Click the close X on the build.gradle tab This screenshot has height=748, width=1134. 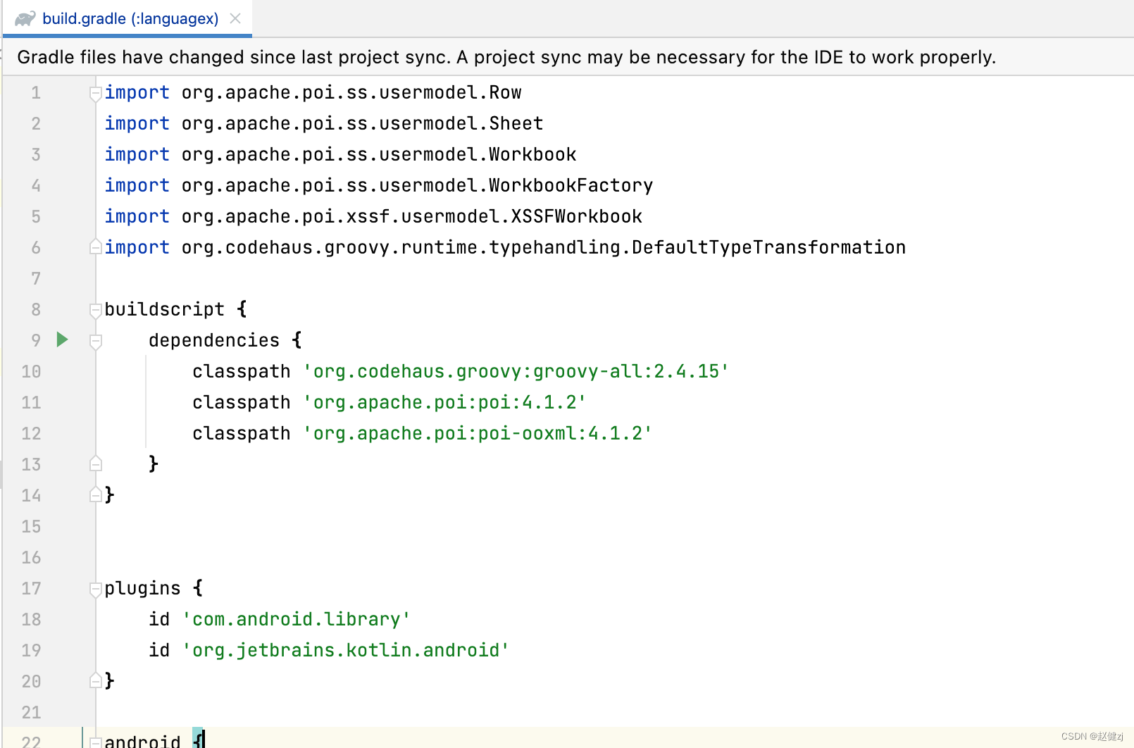(235, 18)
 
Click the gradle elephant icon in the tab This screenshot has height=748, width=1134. (25, 18)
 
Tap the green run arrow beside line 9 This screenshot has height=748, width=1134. (62, 340)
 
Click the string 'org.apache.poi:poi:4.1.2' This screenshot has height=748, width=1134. (444, 402)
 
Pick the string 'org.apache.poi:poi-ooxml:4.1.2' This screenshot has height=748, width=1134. (478, 433)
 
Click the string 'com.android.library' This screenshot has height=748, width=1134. (296, 619)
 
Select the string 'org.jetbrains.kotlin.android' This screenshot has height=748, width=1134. (345, 650)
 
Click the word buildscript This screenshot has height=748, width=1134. (164, 309)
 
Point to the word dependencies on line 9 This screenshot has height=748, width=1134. (214, 340)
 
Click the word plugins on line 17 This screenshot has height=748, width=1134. (142, 588)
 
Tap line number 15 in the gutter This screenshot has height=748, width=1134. (31, 526)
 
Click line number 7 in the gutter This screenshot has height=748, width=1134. (35, 278)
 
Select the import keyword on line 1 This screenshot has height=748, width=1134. (137, 92)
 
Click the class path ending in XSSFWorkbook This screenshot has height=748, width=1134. (411, 216)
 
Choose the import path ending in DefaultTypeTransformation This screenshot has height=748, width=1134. (543, 247)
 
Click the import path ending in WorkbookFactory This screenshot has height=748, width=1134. (417, 185)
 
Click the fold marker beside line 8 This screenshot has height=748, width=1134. (96, 309)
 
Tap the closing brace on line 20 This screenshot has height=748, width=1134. (109, 681)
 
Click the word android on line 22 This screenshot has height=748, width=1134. (142, 740)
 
